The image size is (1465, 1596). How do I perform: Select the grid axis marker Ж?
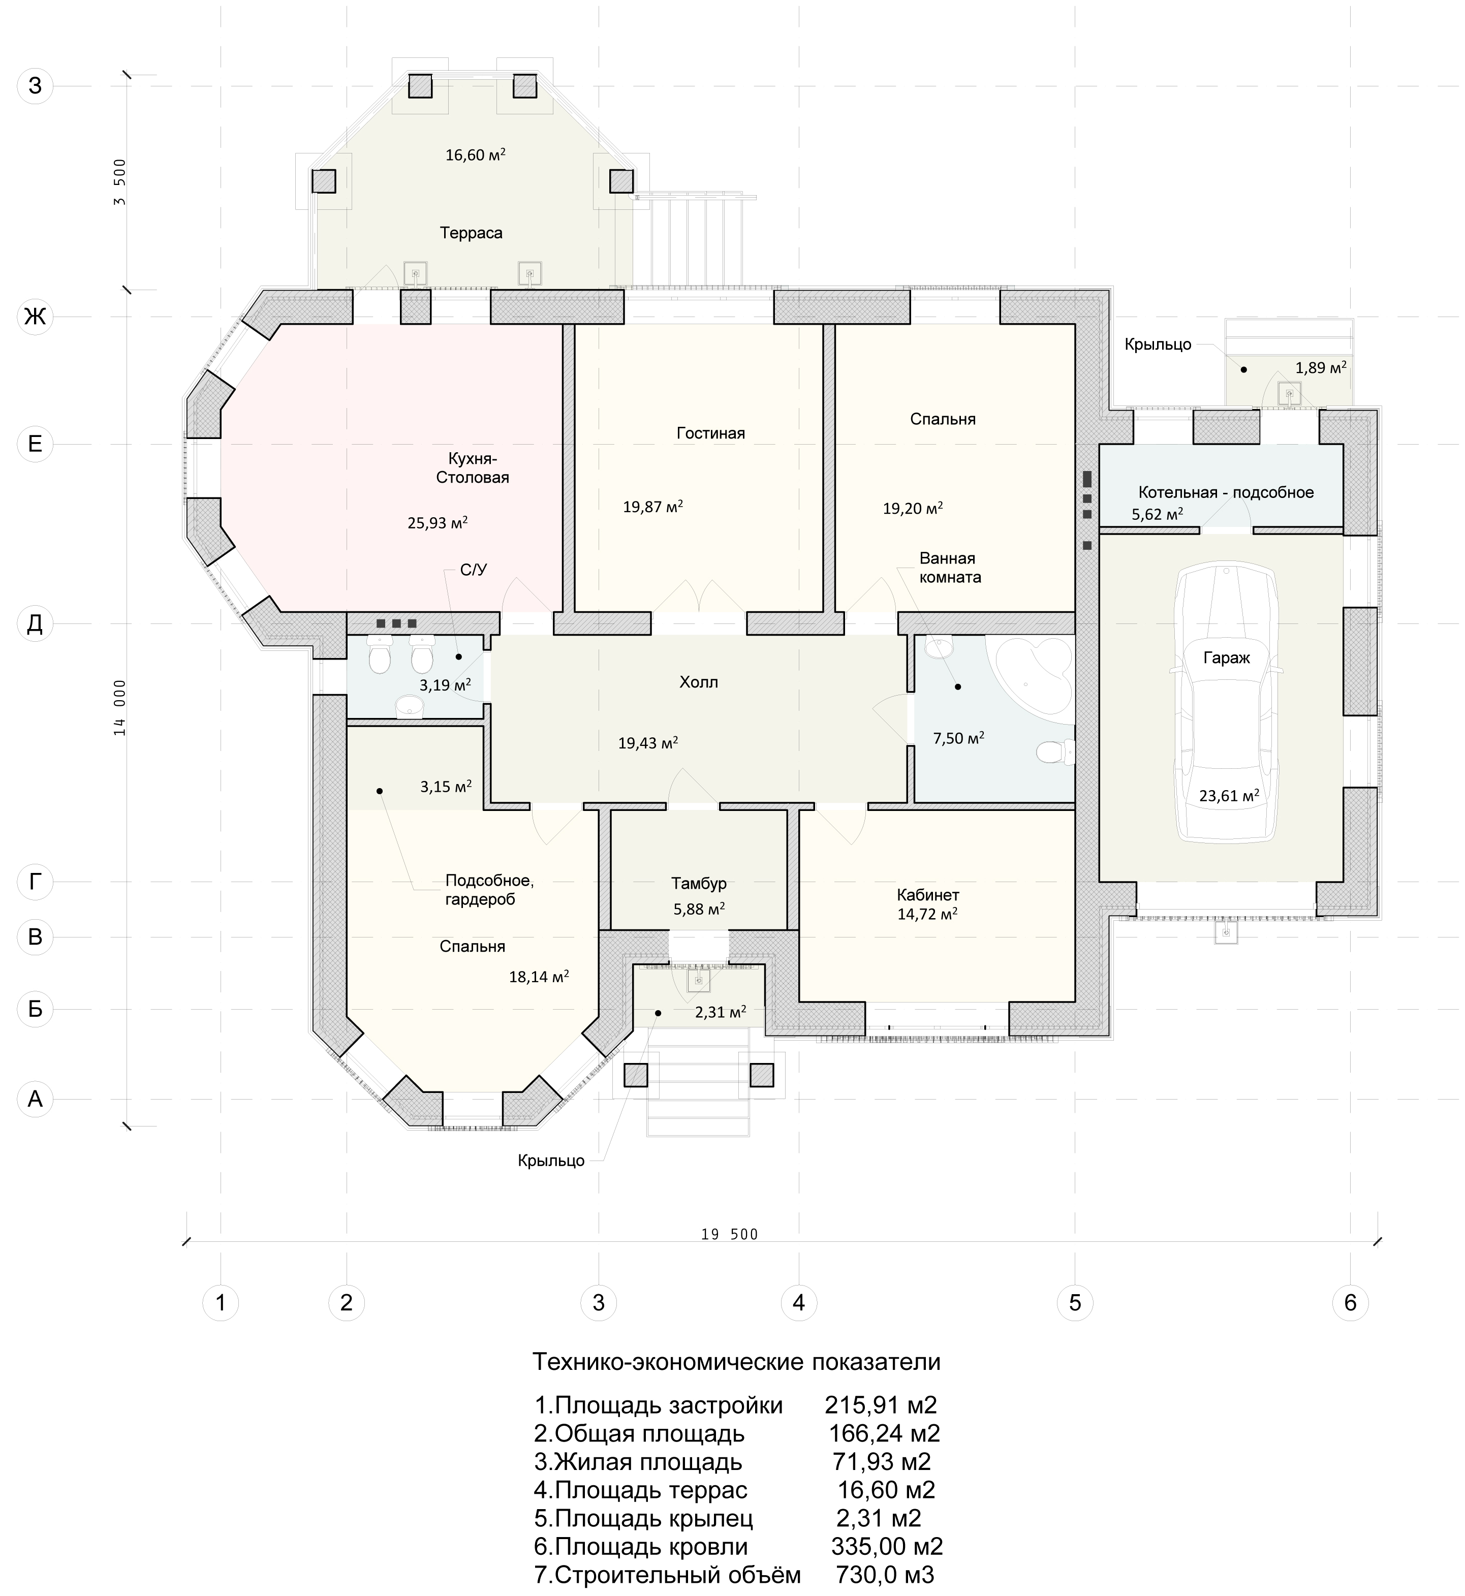click(35, 317)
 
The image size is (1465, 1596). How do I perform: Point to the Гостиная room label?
click(710, 433)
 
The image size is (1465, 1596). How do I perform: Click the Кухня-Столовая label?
click(473, 468)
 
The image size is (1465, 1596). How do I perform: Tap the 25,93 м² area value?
click(438, 522)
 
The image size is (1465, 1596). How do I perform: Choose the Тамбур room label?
click(698, 883)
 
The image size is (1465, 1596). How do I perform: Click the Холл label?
click(698, 682)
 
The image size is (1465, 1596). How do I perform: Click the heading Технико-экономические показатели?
click(736, 1361)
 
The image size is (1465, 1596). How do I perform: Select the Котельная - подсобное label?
click(1226, 492)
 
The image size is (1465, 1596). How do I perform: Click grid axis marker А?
click(35, 1099)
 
